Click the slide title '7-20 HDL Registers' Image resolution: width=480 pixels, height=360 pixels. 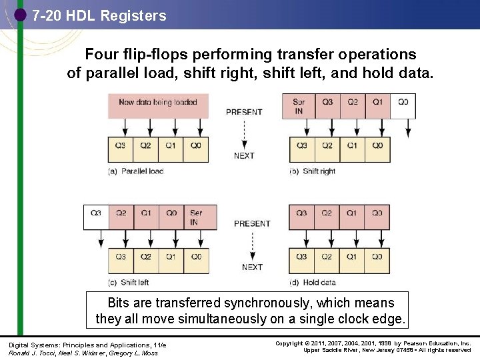(x=99, y=15)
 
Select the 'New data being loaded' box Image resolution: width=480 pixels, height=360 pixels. (x=158, y=105)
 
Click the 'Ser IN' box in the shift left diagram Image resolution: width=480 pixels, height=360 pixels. (x=196, y=217)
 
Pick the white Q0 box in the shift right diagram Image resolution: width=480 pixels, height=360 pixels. (x=403, y=106)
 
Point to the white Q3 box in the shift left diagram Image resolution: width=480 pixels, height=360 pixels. (x=95, y=217)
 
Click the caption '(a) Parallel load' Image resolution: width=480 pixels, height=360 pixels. (x=136, y=171)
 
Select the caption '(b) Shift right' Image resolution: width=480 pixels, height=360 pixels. (x=313, y=171)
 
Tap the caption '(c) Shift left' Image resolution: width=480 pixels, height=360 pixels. (x=129, y=282)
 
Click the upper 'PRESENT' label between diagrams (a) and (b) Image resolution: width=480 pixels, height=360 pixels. (x=244, y=112)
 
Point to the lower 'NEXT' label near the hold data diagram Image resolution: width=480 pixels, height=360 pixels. (x=252, y=267)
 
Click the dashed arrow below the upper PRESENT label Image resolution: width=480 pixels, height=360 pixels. (x=244, y=133)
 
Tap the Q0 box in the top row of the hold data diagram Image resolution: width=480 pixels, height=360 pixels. (x=377, y=217)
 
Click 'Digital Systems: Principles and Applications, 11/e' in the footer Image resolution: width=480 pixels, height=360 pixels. (x=87, y=345)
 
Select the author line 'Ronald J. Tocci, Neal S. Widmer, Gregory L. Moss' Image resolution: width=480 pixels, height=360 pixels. (x=83, y=353)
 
